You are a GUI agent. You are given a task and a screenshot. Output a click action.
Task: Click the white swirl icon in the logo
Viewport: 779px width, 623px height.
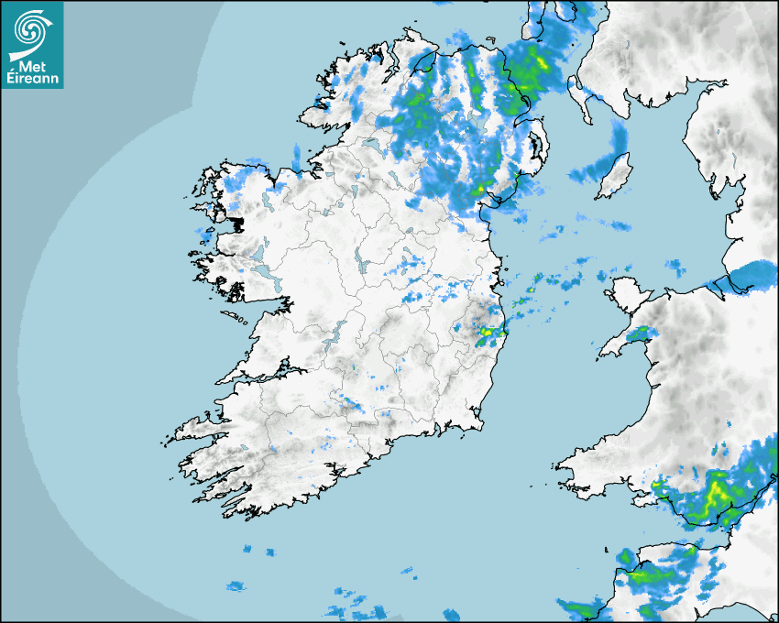[x=31, y=27]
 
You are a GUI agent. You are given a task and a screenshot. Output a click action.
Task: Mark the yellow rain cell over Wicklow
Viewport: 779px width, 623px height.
[x=488, y=332]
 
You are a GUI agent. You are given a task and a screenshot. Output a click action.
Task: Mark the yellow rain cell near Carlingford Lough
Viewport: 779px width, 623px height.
[x=479, y=190]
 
